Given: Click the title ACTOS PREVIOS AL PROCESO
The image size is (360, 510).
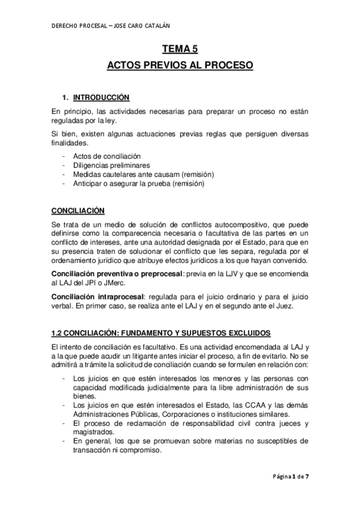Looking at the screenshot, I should tap(180, 64).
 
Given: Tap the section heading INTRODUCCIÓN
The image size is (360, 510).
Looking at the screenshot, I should tap(100, 97).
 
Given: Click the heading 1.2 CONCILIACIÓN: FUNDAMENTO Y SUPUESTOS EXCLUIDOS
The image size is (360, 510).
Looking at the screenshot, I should tap(160, 333).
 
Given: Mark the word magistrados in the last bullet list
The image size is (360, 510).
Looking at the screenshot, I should tap(91, 432).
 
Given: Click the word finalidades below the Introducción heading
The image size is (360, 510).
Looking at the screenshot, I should tap(69, 143).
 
